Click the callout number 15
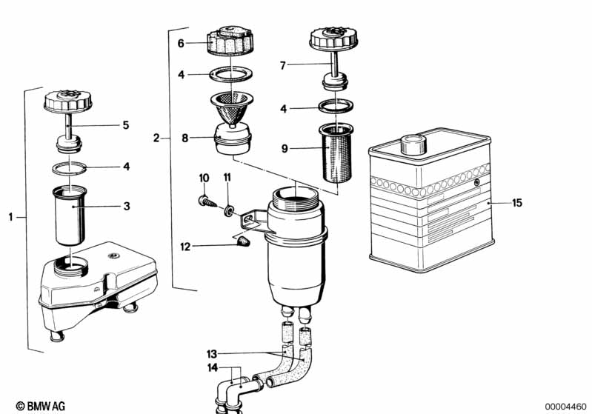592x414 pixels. [x=517, y=202]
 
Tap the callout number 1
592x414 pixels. [x=11, y=217]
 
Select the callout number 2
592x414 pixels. [x=156, y=138]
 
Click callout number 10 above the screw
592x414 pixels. [x=204, y=178]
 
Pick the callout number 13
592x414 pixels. [x=211, y=354]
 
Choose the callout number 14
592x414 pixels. [x=213, y=368]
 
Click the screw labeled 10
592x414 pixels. [x=206, y=200]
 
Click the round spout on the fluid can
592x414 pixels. [x=411, y=142]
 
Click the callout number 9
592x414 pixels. [x=283, y=148]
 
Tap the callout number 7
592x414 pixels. [x=282, y=66]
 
